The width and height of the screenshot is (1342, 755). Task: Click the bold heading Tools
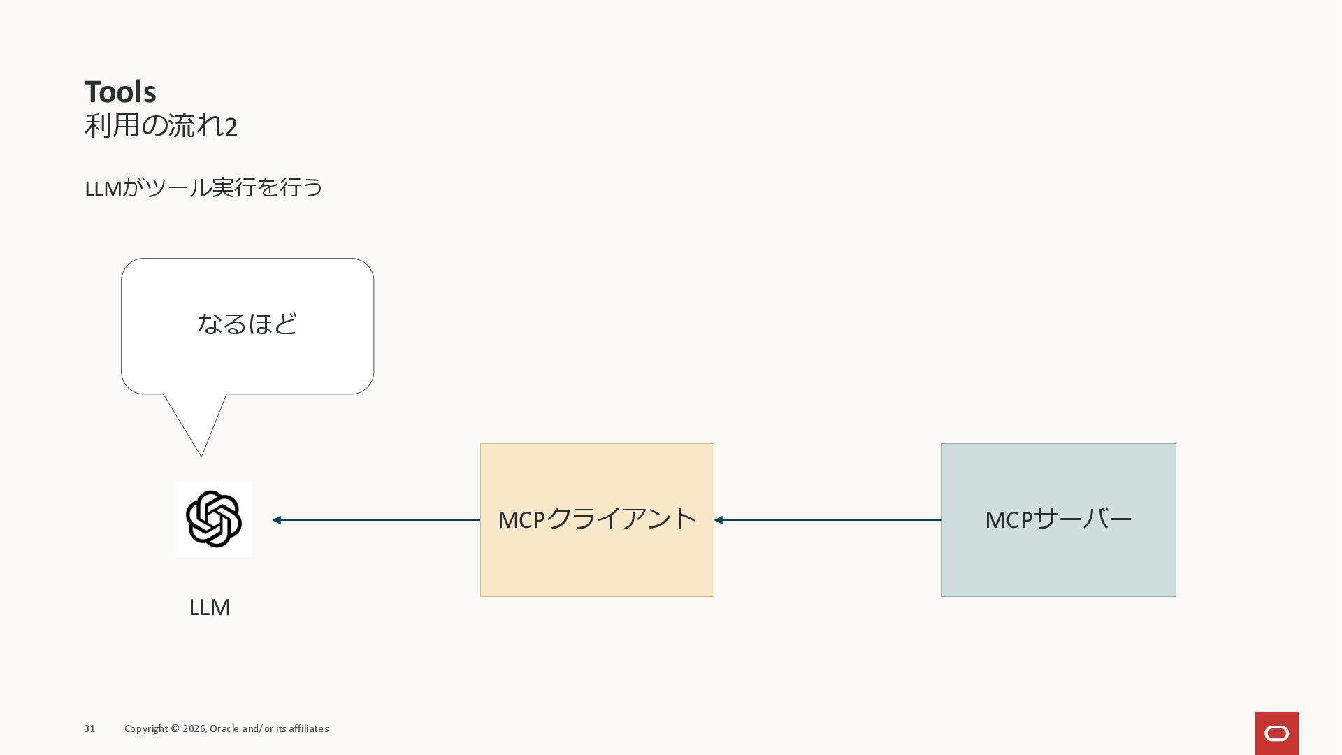click(120, 92)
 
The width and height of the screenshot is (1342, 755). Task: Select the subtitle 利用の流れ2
click(161, 126)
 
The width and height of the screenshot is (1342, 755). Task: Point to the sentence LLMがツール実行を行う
click(203, 187)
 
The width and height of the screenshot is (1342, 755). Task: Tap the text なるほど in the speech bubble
click(247, 324)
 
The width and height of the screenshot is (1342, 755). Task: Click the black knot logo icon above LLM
click(214, 519)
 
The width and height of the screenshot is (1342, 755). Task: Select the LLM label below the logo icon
click(210, 607)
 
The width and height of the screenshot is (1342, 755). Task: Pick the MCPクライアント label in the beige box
click(597, 519)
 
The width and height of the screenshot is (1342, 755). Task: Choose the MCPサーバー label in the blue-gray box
click(1058, 519)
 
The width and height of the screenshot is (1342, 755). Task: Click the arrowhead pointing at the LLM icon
click(277, 520)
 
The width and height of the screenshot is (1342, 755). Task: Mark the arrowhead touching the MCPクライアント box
click(719, 520)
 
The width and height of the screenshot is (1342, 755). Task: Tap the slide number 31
click(89, 728)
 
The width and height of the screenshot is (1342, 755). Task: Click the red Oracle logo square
click(1276, 733)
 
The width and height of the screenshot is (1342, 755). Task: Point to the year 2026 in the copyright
click(194, 728)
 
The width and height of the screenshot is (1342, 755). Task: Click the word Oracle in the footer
click(224, 728)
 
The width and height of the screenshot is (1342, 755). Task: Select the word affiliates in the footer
click(309, 728)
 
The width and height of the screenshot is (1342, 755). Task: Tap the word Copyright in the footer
click(146, 728)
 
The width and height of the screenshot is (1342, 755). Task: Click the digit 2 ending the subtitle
click(231, 127)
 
